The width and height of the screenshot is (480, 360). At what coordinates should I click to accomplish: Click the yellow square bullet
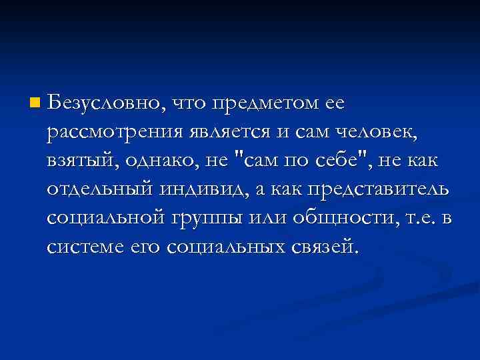click(x=34, y=104)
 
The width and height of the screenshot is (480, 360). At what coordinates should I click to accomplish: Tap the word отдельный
click(x=100, y=191)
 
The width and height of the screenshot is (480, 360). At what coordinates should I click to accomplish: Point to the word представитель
click(x=377, y=191)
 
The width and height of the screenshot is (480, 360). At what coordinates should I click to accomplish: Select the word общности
click(x=344, y=219)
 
